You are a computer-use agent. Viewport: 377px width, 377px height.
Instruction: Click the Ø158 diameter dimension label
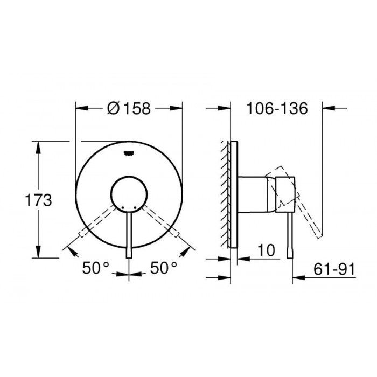(129, 108)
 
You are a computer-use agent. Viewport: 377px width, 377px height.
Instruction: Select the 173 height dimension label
(38, 200)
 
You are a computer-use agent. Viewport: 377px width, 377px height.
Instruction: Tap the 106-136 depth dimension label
(277, 108)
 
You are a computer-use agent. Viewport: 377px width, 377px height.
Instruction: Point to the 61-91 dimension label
(334, 269)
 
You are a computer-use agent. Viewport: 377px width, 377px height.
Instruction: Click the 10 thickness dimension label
(266, 250)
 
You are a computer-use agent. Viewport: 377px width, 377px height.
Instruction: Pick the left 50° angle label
(96, 268)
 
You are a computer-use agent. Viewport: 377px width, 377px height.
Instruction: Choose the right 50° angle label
(164, 268)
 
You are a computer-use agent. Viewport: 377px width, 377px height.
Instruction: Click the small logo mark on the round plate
(129, 153)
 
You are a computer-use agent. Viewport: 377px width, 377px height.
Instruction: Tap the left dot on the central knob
(123, 207)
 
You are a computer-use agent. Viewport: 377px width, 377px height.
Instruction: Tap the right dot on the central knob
(135, 207)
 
